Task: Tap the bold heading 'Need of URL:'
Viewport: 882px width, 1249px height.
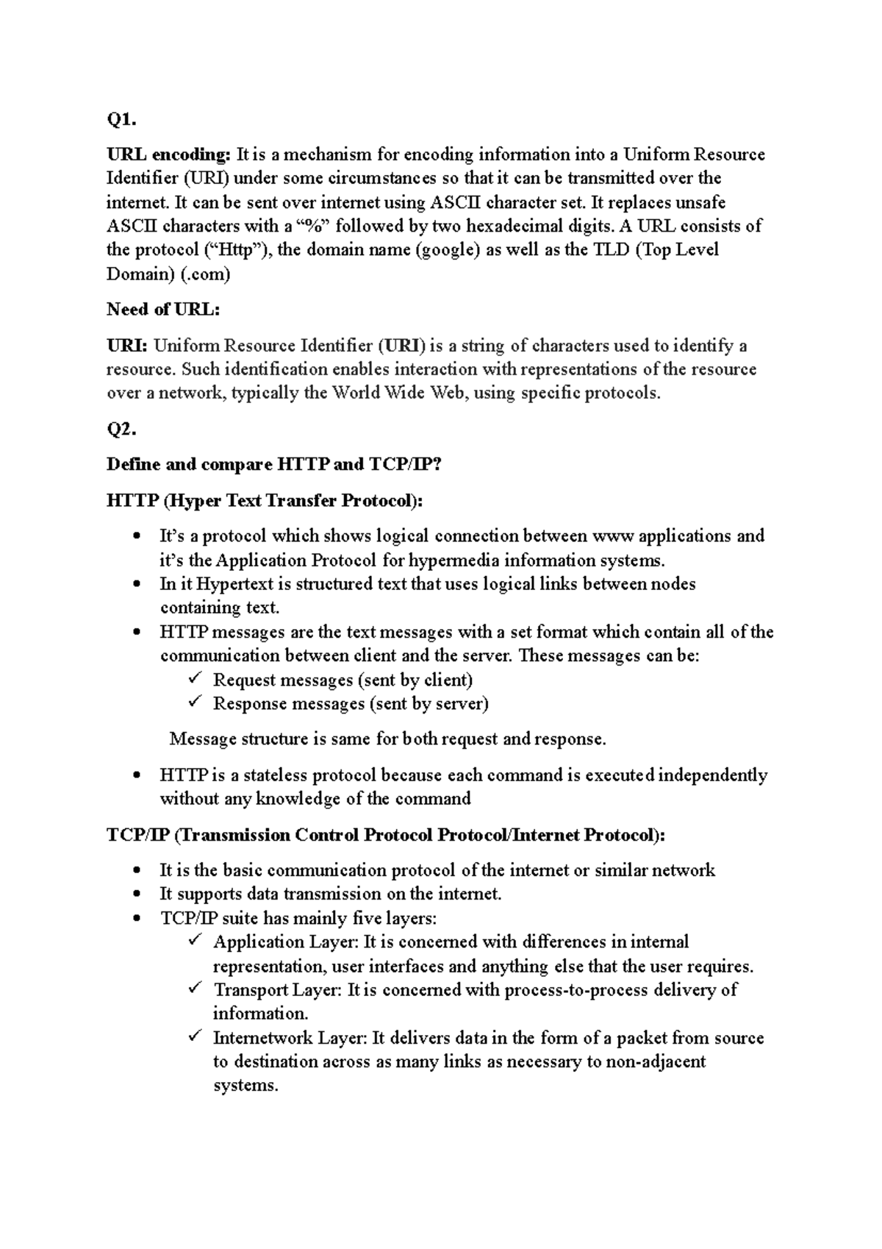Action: [163, 310]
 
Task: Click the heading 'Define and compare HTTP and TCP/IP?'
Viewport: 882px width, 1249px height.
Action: [274, 465]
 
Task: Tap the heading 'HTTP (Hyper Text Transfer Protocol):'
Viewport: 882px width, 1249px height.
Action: [265, 501]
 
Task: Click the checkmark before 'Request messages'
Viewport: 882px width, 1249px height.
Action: [195, 678]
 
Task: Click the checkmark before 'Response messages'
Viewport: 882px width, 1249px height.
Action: [195, 702]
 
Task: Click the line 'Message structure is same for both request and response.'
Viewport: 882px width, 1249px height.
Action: [387, 739]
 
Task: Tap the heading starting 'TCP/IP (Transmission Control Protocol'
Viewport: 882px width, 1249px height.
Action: [387, 835]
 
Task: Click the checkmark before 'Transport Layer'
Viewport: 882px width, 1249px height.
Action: [195, 988]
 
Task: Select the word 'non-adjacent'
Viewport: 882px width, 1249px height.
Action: [658, 1061]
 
